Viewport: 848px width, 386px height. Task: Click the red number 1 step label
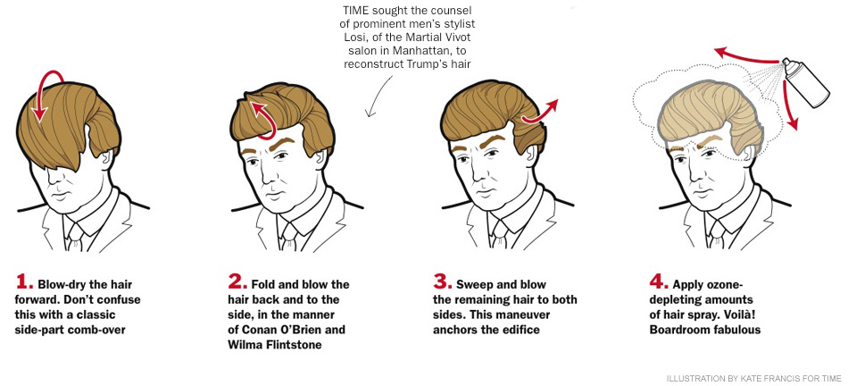pos(24,282)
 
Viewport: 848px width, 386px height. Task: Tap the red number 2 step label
pos(237,282)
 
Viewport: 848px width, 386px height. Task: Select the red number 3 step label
pos(443,282)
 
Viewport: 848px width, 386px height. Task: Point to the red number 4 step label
pos(659,282)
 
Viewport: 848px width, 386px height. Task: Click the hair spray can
pos(806,83)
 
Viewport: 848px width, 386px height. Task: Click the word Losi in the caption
pos(349,38)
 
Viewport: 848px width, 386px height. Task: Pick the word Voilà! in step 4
pos(742,315)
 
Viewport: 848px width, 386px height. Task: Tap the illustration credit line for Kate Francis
pos(754,379)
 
